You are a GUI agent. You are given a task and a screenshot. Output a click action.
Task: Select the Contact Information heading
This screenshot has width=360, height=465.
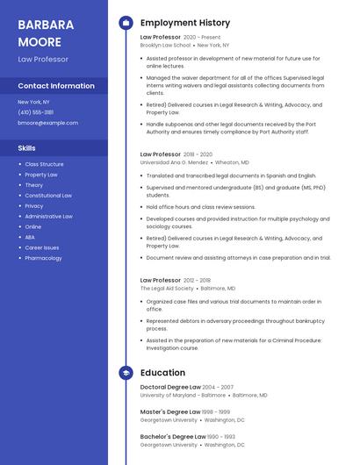pos(56,86)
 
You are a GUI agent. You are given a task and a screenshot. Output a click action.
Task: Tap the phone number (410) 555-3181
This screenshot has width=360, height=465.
pos(36,112)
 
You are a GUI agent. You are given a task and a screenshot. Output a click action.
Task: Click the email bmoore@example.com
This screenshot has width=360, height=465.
pos(47,123)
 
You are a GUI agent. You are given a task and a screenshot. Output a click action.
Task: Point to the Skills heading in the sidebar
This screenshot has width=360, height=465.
pos(26,148)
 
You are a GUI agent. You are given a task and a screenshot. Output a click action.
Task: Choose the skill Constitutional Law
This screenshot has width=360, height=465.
pos(48,196)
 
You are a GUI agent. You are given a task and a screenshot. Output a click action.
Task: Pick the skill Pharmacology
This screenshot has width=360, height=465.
pos(43,258)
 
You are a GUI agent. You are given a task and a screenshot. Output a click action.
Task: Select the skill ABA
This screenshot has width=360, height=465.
pos(30,237)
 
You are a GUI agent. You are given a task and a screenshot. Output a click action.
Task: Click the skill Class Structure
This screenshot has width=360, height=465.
pos(44,164)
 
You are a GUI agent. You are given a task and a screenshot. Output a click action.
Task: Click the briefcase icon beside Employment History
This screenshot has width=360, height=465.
pos(126,23)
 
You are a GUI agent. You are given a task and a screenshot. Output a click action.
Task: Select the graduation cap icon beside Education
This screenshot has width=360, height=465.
pos(126,373)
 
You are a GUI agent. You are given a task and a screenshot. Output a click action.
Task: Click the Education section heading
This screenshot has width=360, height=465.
pos(162,373)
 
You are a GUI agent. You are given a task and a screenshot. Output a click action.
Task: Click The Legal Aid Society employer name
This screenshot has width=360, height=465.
pos(167,289)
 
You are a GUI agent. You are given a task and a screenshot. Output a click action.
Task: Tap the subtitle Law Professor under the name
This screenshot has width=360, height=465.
pos(43,60)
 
